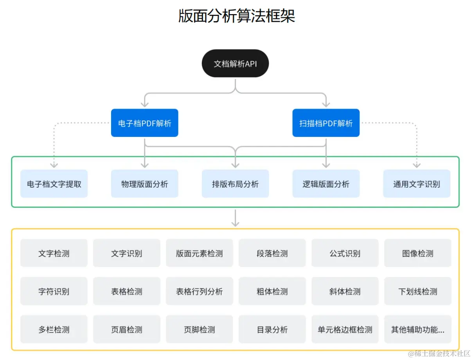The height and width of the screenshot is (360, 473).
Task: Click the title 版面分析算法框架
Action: point(236,16)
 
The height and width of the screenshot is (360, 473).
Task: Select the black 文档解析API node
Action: point(235,63)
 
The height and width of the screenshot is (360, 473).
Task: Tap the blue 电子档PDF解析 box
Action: point(144,123)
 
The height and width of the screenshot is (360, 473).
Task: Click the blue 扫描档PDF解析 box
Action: point(326,123)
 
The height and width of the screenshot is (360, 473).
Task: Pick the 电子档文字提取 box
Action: point(54,184)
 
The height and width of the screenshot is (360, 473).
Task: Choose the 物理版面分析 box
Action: point(144,184)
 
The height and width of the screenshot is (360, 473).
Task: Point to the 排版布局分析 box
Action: point(235,184)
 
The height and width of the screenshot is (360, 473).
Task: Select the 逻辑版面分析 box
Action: point(326,184)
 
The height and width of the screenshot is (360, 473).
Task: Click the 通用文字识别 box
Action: point(416,184)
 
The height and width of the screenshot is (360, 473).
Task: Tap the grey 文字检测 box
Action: point(54,253)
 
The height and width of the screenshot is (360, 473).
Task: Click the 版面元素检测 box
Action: point(199,253)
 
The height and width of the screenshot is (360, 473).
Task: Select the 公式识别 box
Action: point(345,253)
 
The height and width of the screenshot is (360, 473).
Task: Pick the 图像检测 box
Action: point(417,253)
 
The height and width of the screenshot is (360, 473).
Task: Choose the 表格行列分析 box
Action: point(199,291)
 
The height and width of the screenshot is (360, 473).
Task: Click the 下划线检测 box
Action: point(417,291)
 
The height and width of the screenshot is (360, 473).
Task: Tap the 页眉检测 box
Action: point(126,329)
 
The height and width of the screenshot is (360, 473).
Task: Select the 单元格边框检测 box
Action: point(345,329)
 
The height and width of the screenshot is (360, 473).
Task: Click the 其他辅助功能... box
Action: point(417,329)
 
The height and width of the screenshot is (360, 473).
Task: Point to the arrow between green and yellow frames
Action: point(235,218)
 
